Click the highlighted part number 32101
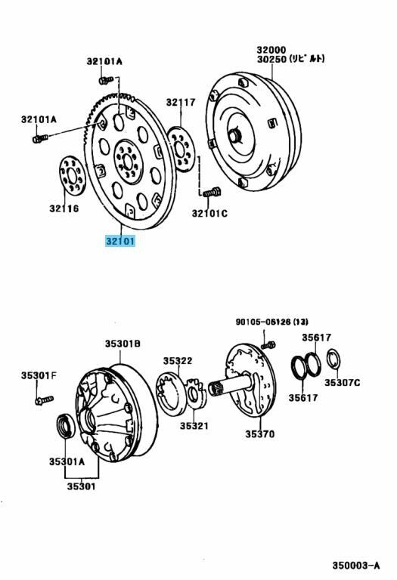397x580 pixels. coord(120,242)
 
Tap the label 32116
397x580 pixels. coord(64,208)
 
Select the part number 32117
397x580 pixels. coord(181,103)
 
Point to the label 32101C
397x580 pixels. coord(209,214)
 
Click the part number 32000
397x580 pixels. coord(271,50)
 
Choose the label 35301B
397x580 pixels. coord(123,344)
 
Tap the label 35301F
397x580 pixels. coord(39,376)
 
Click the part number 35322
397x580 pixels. coord(178,361)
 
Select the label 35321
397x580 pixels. coord(194,426)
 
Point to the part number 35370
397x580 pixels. coord(260,434)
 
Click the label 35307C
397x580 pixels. coord(343,383)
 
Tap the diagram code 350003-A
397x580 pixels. coord(356,565)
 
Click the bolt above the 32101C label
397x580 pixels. coord(212,193)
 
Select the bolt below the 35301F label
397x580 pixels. coord(45,400)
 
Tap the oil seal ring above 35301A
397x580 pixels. coord(66,427)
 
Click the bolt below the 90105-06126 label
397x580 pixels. coord(268,345)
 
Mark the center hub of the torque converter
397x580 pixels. coord(234,136)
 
